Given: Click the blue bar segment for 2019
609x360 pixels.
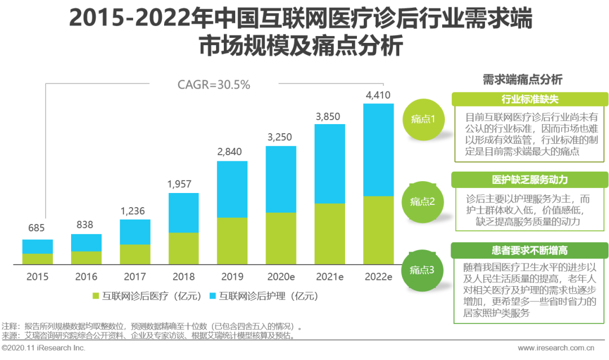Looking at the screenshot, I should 232,189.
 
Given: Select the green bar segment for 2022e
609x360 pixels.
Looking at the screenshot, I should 378,230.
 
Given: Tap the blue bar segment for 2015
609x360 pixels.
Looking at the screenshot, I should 37,247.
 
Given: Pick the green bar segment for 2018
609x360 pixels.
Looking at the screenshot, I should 183,248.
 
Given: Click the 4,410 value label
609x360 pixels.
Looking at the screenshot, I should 378,95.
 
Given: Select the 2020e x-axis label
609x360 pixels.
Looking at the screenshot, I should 281,276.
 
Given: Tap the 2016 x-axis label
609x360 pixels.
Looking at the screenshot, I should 86,276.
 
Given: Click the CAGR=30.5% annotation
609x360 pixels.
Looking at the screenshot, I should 214,85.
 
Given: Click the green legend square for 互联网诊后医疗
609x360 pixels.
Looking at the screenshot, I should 95,296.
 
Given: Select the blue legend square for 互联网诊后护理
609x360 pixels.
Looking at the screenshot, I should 213,296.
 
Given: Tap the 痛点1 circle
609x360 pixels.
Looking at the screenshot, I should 423,118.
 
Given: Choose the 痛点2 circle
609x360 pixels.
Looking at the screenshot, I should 423,201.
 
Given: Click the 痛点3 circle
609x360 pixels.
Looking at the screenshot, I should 423,270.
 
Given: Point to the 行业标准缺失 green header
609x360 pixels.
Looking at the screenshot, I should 530,99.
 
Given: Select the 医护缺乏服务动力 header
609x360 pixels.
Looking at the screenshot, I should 530,180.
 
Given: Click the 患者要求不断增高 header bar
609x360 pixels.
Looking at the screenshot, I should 530,249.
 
